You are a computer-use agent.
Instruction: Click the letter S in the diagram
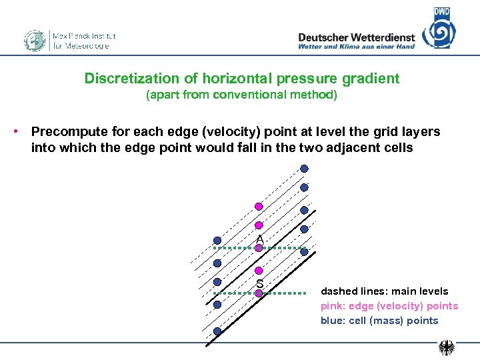pos(259,284)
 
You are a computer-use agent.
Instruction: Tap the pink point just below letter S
pos(259,293)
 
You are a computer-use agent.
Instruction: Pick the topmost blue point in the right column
pos(304,169)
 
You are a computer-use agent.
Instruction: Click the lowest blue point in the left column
pos(217,331)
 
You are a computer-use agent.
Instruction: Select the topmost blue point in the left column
pos(217,240)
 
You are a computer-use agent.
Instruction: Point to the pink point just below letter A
pos(259,249)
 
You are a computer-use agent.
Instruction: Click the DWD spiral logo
pos(439,30)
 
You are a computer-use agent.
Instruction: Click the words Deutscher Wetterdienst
pos(356,37)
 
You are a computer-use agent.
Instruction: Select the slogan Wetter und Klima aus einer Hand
pos(356,47)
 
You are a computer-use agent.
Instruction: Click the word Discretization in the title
pos(125,79)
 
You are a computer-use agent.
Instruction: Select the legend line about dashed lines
pos(384,291)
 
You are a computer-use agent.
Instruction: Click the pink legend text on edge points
pos(389,306)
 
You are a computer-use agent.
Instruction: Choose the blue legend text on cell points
pos(379,321)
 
